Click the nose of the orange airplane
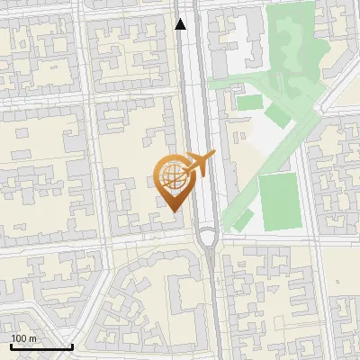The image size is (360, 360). [x=213, y=155]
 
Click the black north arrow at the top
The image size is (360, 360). [x=182, y=24]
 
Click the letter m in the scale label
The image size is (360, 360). [x=33, y=338]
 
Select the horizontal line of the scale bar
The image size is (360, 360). [x=41, y=347]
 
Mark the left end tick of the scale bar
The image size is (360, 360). [x=11, y=346]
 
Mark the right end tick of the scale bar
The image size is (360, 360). [x=72, y=346]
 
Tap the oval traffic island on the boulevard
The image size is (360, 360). [x=208, y=238]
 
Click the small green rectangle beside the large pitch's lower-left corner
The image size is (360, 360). [x=242, y=220]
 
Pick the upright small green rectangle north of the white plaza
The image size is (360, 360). [x=249, y=103]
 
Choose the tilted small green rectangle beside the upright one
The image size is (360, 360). [x=277, y=115]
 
